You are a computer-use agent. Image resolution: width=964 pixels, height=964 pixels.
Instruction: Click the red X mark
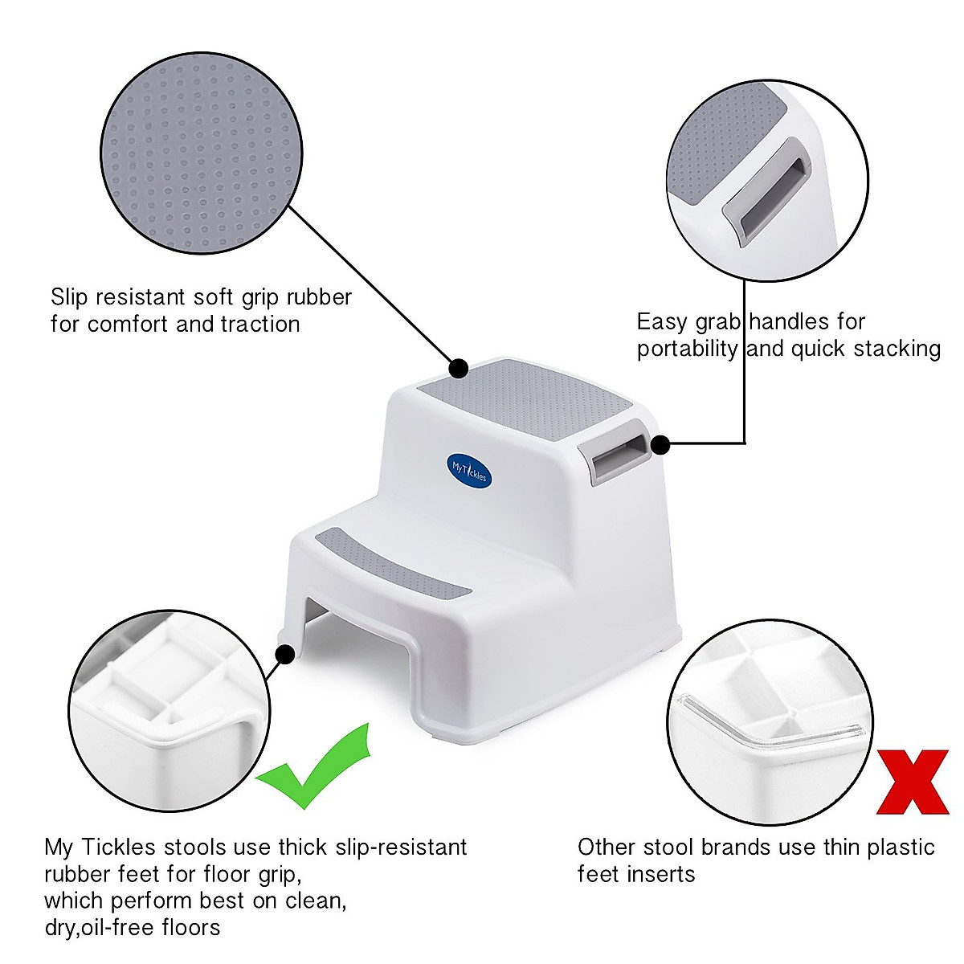[912, 782]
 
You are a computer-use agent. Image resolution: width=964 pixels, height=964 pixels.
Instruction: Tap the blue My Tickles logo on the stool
[469, 467]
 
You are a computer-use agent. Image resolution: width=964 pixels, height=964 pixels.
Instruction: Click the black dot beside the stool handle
[660, 444]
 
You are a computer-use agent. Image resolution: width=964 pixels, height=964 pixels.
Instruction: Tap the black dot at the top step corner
[458, 369]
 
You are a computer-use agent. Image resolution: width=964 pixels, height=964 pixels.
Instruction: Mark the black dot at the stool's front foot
[284, 655]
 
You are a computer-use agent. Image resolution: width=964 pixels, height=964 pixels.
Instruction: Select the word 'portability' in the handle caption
[687, 349]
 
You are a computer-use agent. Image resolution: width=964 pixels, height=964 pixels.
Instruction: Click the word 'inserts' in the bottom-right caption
[654, 874]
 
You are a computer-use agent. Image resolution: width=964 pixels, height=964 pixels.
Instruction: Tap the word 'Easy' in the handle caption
[662, 322]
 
